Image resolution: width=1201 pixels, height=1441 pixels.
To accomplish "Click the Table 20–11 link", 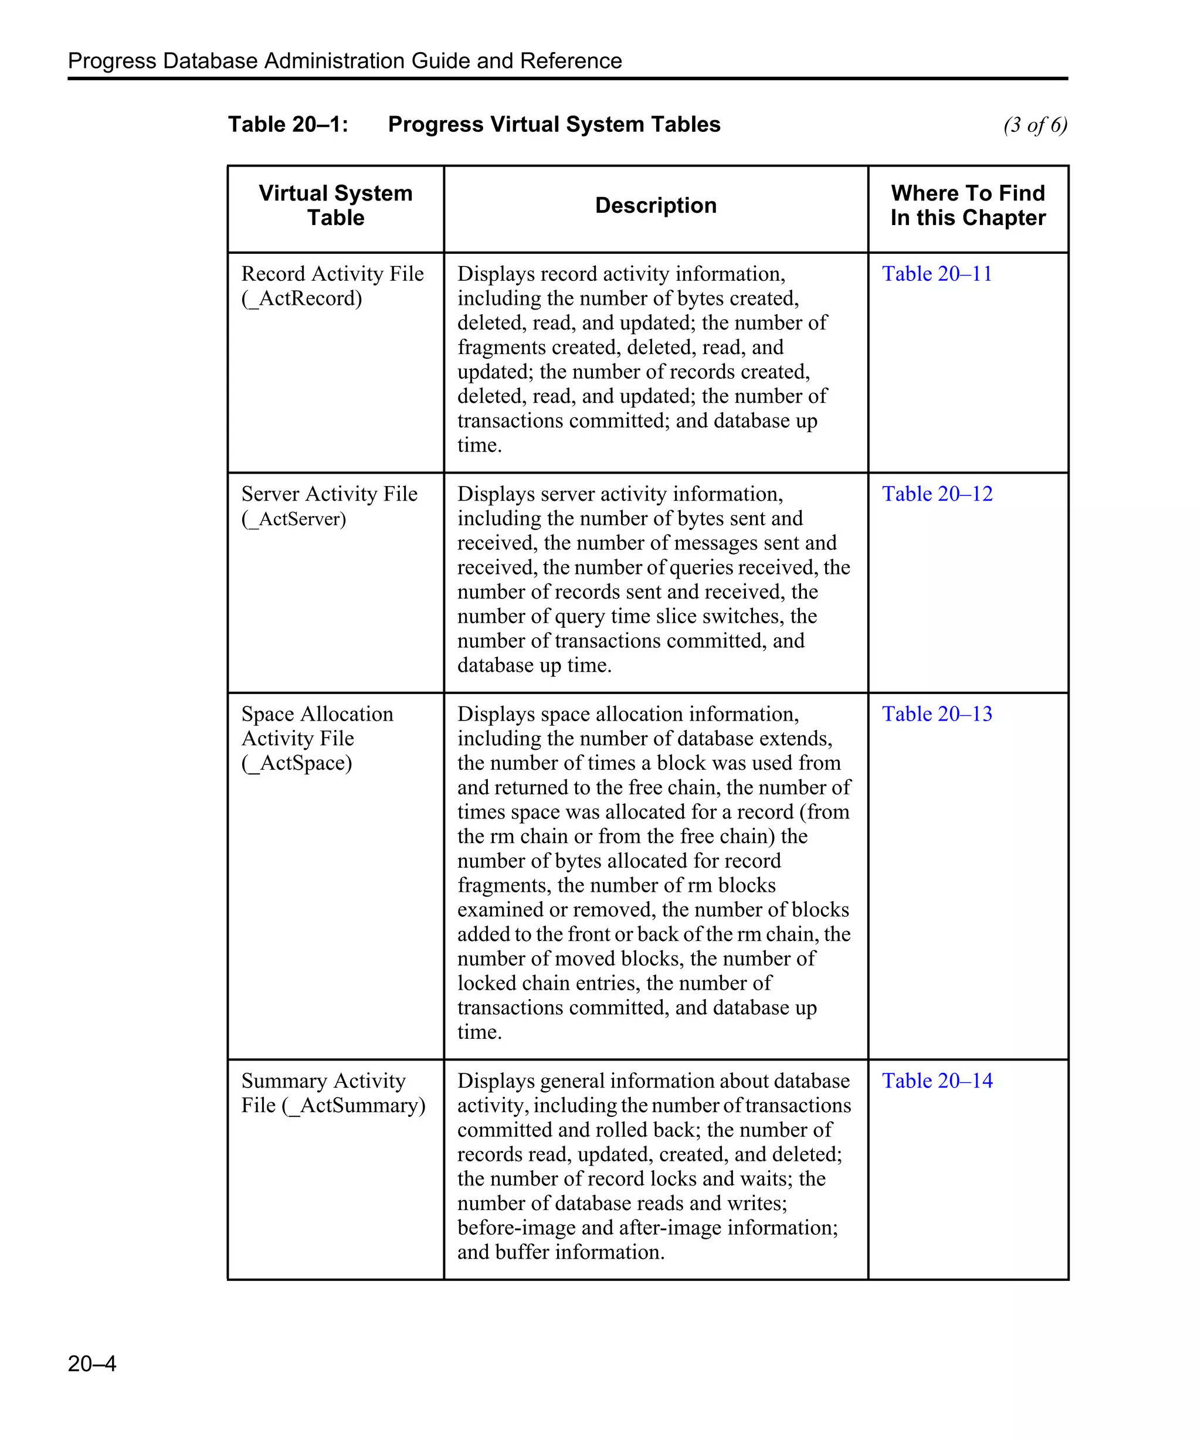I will [937, 274].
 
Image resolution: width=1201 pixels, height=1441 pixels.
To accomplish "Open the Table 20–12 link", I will [937, 494].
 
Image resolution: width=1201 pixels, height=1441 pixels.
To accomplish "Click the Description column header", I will [656, 205].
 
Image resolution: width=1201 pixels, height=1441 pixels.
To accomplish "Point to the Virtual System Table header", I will [335, 205].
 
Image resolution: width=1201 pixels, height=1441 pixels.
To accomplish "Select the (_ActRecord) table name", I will [301, 298].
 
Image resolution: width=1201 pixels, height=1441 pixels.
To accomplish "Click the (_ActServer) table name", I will [294, 519].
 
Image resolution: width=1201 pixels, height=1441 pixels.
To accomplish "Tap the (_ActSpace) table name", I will [297, 763].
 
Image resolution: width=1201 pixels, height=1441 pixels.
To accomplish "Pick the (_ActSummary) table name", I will [354, 1106].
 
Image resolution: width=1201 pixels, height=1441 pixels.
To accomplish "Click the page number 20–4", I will [92, 1363].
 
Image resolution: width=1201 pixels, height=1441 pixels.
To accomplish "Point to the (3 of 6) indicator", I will [1034, 125].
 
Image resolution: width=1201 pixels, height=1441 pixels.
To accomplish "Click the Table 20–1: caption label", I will [289, 124].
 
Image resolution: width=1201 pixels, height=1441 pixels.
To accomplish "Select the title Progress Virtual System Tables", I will [554, 124].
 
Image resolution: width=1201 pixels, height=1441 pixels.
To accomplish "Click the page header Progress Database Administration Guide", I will [344, 60].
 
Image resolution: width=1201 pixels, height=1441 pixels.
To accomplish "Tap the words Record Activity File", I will [332, 274].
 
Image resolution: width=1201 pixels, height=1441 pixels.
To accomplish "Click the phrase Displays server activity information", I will [620, 494].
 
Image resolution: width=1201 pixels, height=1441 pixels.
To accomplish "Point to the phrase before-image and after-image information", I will [647, 1228].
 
